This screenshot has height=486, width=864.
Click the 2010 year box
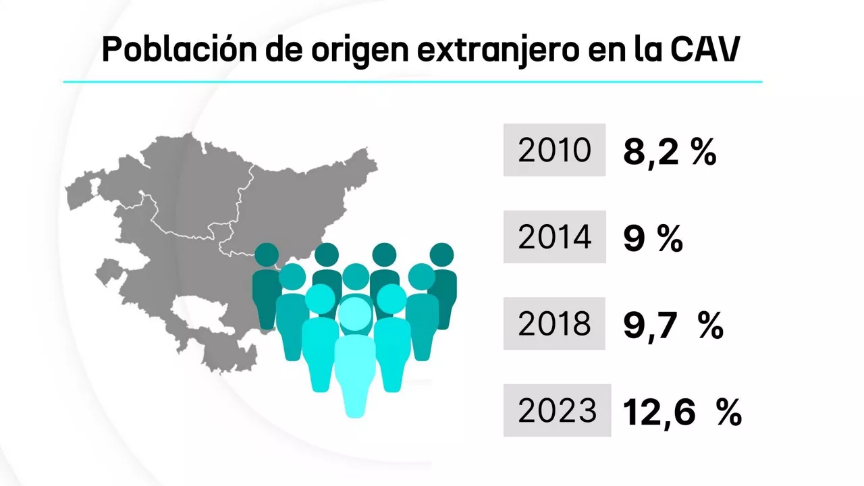coord(554,150)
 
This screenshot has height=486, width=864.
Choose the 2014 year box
coord(554,237)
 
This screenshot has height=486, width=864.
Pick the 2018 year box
coord(554,323)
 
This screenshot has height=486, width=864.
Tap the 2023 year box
coord(557,410)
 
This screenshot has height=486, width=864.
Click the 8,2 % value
coord(669,153)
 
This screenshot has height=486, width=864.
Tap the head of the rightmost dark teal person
coord(442,254)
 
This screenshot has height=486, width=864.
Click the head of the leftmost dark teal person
coord(267,254)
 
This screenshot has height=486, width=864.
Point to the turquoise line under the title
coord(412,82)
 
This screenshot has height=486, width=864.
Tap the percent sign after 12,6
coord(728,412)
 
